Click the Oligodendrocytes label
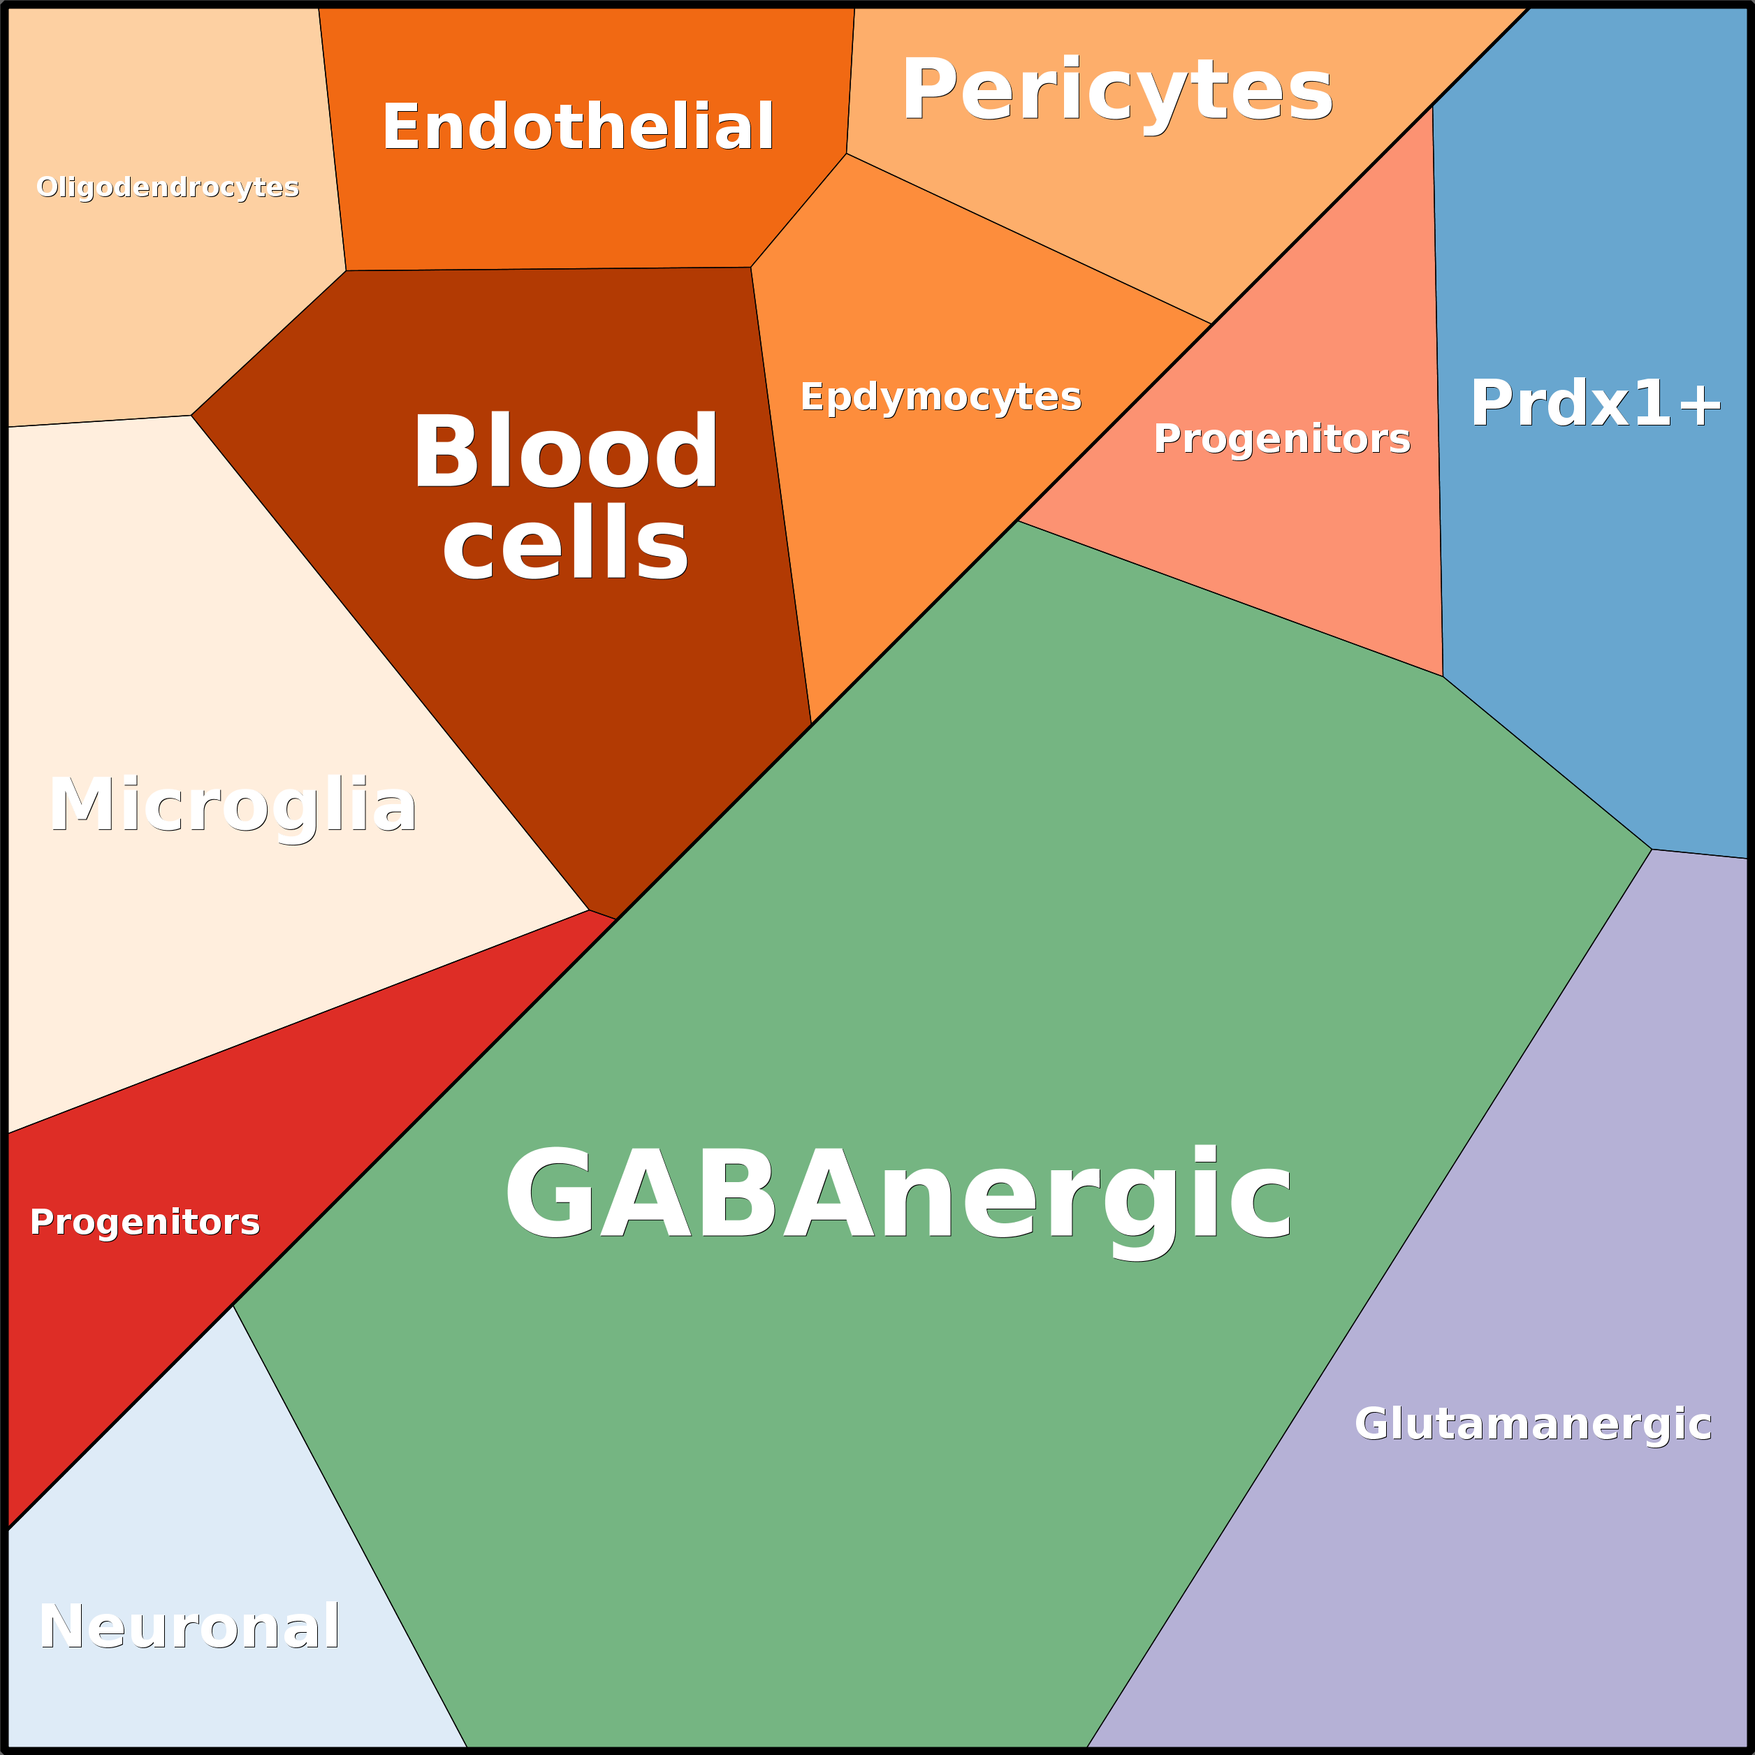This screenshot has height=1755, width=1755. click(167, 187)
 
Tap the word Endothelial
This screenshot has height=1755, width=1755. click(578, 127)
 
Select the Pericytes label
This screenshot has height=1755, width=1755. click(1116, 90)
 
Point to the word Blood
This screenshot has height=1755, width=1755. click(565, 451)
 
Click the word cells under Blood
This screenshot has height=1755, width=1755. click(565, 544)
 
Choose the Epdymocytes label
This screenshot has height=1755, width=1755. click(940, 397)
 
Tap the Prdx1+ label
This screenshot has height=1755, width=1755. click(1595, 402)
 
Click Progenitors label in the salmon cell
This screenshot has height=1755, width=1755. click(1282, 439)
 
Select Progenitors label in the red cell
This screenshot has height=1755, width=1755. click(145, 1222)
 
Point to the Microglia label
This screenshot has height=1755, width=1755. click(233, 805)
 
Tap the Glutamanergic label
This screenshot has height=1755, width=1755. click(1532, 1423)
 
